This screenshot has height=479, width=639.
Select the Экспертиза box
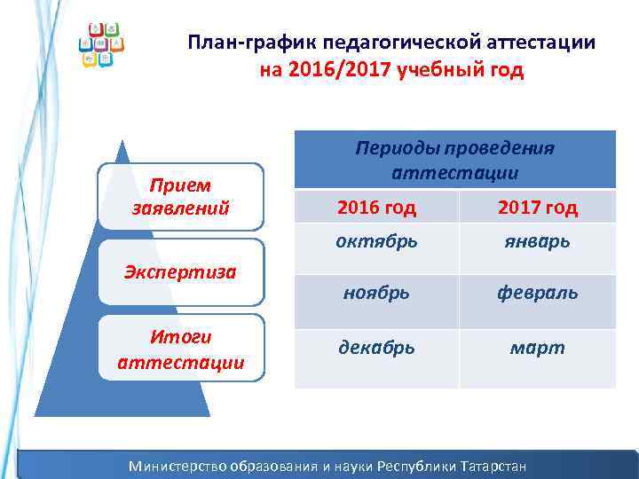(180, 271)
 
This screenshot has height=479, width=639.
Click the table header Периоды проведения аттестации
(454, 160)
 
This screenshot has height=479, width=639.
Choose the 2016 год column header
(375, 208)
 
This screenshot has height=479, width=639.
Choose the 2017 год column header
(537, 208)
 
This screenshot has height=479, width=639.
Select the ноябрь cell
(375, 292)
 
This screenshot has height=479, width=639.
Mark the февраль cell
(537, 292)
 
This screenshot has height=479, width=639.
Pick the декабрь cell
(375, 348)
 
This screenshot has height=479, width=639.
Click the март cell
(537, 348)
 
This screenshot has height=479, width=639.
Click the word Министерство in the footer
(177, 466)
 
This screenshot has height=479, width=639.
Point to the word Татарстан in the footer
(490, 466)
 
